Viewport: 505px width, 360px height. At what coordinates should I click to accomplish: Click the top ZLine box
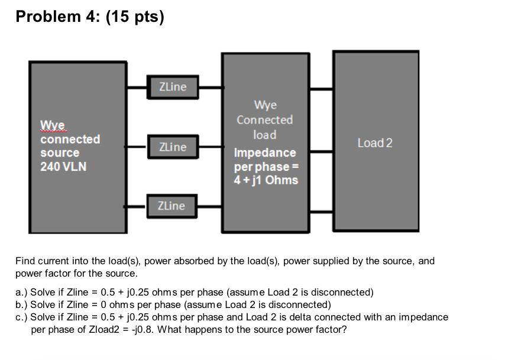click(x=173, y=87)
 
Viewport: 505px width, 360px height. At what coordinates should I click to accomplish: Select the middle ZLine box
click(x=173, y=147)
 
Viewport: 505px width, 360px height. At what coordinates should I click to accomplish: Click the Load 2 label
click(x=375, y=143)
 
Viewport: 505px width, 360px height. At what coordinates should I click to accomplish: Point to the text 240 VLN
click(x=63, y=166)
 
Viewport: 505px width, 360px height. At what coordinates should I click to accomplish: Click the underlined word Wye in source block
click(x=54, y=125)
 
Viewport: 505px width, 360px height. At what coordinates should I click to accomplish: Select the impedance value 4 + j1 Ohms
click(x=266, y=179)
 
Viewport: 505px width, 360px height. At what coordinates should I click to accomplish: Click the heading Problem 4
click(x=56, y=17)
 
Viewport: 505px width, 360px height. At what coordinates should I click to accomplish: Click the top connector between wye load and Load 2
click(x=322, y=89)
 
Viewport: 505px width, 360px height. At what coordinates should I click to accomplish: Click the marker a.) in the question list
click(x=22, y=292)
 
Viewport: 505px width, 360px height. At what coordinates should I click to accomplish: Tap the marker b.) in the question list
click(x=22, y=304)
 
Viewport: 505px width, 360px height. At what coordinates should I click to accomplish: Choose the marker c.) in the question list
click(x=22, y=317)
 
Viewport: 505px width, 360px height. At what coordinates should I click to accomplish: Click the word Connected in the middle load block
click(x=264, y=120)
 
